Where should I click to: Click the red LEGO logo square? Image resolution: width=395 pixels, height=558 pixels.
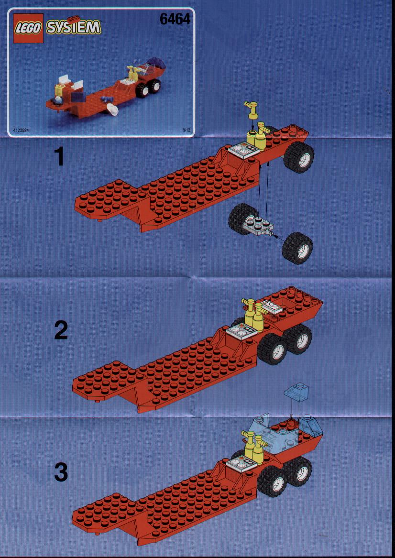(28, 28)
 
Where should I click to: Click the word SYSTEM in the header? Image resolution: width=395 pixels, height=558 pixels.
(74, 27)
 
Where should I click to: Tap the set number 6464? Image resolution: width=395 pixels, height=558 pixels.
(175, 19)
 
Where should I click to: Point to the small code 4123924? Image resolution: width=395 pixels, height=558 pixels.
(21, 130)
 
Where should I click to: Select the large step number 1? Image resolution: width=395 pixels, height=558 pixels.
(60, 157)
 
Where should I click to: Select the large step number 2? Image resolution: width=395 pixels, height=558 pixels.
(61, 330)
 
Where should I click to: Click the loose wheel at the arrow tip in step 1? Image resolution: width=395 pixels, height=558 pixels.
(297, 248)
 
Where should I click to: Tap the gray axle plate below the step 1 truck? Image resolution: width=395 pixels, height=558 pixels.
(259, 226)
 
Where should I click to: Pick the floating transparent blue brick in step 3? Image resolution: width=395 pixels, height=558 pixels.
(296, 393)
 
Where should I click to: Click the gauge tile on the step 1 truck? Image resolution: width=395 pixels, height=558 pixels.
(242, 150)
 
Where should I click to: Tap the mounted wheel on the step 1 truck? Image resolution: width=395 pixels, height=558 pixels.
(298, 157)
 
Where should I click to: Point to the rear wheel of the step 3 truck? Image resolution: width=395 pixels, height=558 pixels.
(299, 471)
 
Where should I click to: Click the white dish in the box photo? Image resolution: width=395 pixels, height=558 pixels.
(112, 110)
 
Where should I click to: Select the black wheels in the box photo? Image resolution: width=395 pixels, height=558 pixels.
(148, 88)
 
